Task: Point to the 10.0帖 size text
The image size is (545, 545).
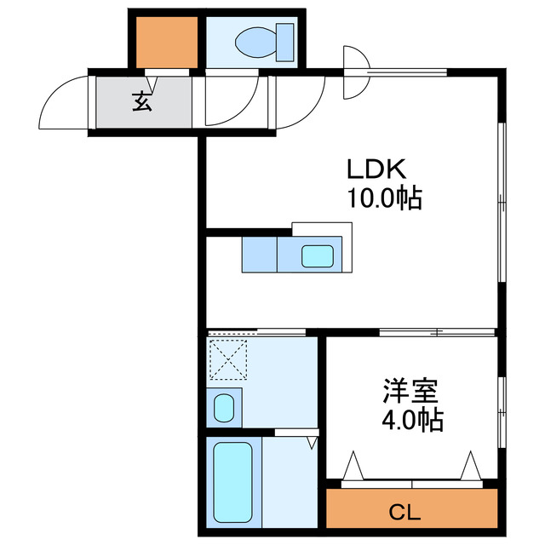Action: tap(384, 199)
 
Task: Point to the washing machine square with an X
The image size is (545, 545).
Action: tap(228, 359)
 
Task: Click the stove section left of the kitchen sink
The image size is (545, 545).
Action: tap(260, 255)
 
